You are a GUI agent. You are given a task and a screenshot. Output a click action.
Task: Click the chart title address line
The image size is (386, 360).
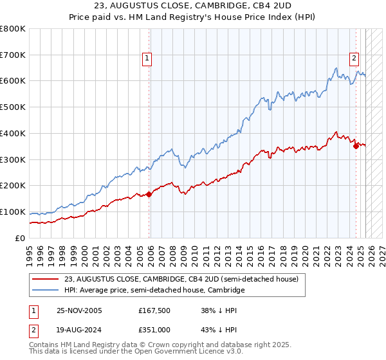pos(193,6)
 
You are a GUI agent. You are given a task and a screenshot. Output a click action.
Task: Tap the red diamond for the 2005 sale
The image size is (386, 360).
pos(149,194)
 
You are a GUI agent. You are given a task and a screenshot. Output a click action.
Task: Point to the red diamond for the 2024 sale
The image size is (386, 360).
pos(356,145)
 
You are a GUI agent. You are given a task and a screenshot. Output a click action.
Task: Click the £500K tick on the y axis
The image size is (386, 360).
pos(14,107)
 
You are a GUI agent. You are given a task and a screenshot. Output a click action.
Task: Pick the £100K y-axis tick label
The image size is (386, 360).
pos(14,212)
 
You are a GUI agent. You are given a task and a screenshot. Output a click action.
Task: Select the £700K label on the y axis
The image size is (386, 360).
pos(14,55)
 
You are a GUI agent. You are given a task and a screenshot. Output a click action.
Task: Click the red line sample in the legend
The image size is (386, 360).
pos(46,280)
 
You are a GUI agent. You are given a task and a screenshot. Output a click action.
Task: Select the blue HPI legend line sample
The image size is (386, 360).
pos(46,291)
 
